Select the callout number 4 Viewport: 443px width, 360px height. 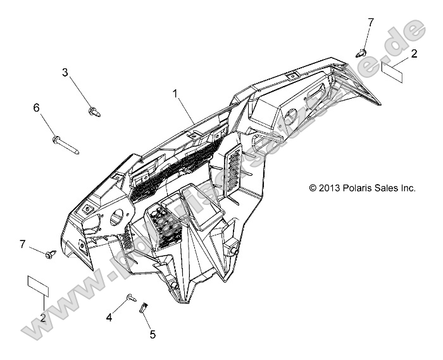pyautogui.click(x=109, y=318)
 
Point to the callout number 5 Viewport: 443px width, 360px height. pyautogui.click(x=153, y=334)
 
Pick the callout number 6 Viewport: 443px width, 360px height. pyautogui.click(x=37, y=108)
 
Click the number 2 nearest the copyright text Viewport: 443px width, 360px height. pyautogui.click(x=414, y=54)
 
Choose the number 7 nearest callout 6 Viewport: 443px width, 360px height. pyautogui.click(x=23, y=244)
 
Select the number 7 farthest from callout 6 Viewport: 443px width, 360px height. pyautogui.click(x=371, y=22)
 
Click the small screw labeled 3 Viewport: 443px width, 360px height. pyautogui.click(x=94, y=112)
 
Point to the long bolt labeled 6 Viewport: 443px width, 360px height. pyautogui.click(x=66, y=144)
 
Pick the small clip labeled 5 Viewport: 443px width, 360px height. pyautogui.click(x=143, y=308)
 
